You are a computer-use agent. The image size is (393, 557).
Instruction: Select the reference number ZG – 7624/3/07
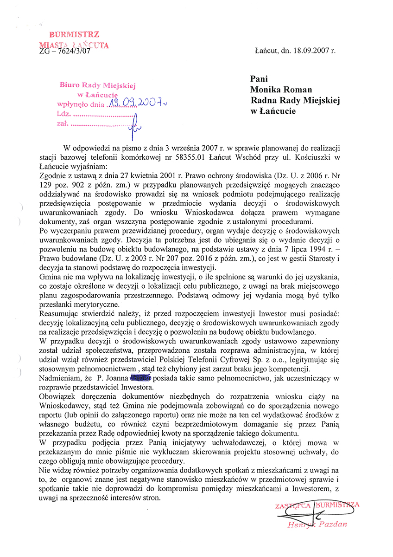coord(65,52)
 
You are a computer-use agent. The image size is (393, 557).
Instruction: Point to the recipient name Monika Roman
coord(281,90)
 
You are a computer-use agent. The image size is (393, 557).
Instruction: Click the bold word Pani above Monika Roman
coord(259,79)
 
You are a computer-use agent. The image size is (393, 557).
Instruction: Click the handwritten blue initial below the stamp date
coord(135,122)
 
